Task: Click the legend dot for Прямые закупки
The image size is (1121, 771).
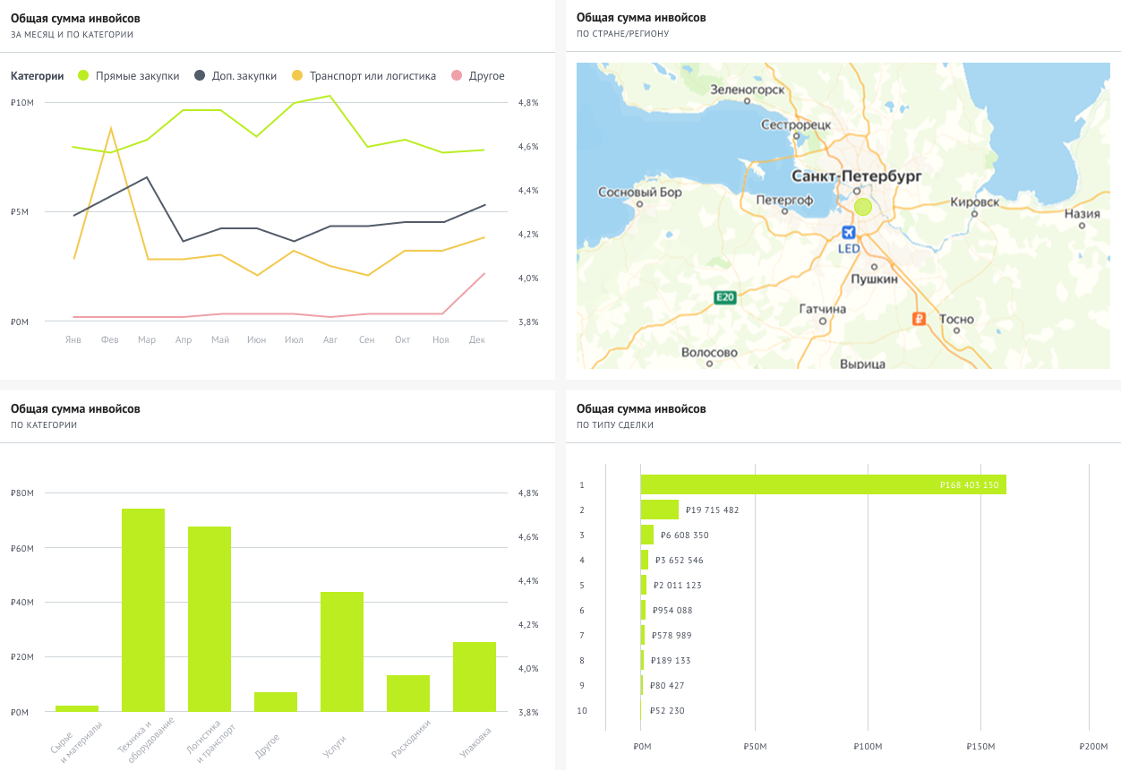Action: pyautogui.click(x=83, y=75)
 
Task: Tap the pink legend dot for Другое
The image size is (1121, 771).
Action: pyautogui.click(x=457, y=75)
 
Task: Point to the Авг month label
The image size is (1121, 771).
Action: pyautogui.click(x=330, y=339)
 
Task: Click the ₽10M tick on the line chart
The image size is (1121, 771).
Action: pyautogui.click(x=22, y=103)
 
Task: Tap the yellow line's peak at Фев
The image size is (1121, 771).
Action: pyautogui.click(x=111, y=128)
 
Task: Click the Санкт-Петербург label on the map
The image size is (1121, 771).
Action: pyautogui.click(x=856, y=176)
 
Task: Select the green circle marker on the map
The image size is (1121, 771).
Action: pyautogui.click(x=863, y=207)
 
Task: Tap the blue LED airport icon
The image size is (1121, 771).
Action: pyautogui.click(x=849, y=232)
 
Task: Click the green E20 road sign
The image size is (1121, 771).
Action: pyautogui.click(x=724, y=297)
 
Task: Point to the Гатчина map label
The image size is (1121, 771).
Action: pyautogui.click(x=823, y=309)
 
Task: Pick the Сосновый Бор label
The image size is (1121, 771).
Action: pyautogui.click(x=640, y=193)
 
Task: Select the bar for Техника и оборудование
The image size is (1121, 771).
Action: pyautogui.click(x=143, y=610)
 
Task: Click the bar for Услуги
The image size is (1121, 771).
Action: pyautogui.click(x=342, y=651)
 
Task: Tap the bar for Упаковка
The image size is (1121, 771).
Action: pyautogui.click(x=475, y=676)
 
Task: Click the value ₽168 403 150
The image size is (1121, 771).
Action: pyautogui.click(x=970, y=484)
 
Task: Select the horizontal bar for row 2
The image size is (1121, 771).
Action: pyautogui.click(x=660, y=510)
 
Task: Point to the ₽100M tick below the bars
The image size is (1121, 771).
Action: pyautogui.click(x=868, y=747)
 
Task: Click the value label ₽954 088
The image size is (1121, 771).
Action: pyautogui.click(x=672, y=611)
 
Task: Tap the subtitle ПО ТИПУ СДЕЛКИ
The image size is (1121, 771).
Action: pyautogui.click(x=615, y=425)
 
